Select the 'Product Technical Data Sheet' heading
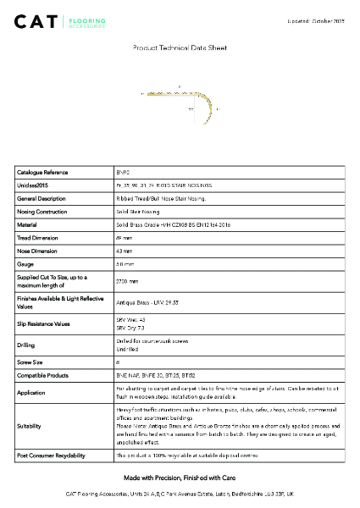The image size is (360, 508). click(180, 48)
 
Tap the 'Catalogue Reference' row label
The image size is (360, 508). click(43, 172)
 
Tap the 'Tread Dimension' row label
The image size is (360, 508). click(38, 238)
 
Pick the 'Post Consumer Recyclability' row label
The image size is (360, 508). click(51, 456)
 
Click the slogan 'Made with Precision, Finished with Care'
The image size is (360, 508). click(180, 478)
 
